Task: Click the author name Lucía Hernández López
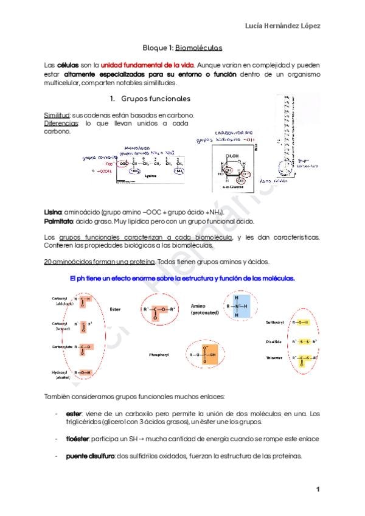pos(282,26)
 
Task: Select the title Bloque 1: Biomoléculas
pos(182,47)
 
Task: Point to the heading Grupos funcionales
pos(156,99)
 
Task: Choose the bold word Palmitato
pos(57,221)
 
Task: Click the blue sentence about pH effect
pos(182,278)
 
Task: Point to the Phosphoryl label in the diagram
pos(159,354)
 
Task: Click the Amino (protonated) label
pos(201,309)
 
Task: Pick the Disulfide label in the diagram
pos(274,341)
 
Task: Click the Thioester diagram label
pos(274,358)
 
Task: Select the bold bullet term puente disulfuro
pos(89,457)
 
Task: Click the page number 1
pos(318,489)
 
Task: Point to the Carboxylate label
pos(63,347)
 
